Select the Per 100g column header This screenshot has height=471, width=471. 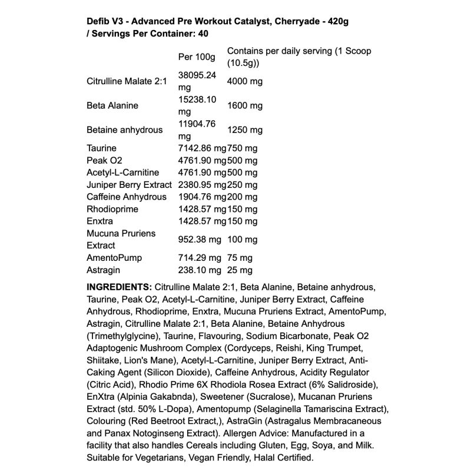197,57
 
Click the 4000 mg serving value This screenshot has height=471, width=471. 244,81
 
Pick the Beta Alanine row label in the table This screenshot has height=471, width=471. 112,106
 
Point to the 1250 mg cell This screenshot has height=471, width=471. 244,130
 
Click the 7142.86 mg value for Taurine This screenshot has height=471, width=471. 202,148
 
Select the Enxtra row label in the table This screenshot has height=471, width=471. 100,221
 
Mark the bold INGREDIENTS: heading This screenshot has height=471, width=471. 120,287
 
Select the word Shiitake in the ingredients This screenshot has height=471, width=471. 104,360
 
